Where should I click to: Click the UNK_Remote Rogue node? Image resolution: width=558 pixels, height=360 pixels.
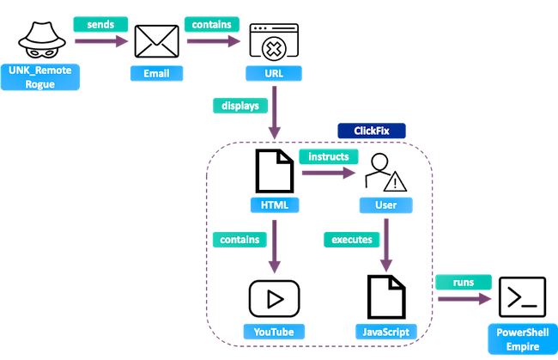(40, 76)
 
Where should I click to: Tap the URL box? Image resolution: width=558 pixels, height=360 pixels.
(275, 74)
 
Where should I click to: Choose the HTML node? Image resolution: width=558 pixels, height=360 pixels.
(275, 205)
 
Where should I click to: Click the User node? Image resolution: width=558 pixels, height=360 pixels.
(385, 205)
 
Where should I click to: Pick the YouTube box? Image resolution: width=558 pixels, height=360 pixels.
(274, 331)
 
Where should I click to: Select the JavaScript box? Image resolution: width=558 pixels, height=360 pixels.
(386, 331)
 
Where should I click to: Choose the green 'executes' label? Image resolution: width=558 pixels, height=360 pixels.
(351, 240)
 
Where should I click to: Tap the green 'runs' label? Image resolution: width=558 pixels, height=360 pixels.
(464, 282)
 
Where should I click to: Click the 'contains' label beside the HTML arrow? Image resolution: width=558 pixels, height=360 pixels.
(240, 240)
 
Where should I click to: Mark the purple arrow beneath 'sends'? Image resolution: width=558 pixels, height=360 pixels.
(100, 42)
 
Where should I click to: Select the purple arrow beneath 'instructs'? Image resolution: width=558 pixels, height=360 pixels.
(329, 174)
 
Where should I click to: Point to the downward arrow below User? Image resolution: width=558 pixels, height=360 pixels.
(385, 245)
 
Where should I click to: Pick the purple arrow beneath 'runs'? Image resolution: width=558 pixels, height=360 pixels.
(464, 299)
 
